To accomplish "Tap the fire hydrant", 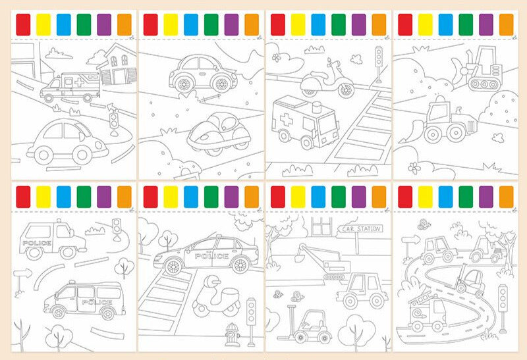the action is tap(232, 334).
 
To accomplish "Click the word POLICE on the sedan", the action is tap(211, 256).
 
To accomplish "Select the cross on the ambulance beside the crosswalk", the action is tap(286, 119).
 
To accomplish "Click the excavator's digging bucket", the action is tap(299, 257).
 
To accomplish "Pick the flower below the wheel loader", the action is tap(414, 168).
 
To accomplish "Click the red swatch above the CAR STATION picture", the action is tap(277, 197).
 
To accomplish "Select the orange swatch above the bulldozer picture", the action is tap(506, 24).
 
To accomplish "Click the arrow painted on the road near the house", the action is tap(111, 107).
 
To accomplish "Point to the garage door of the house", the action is tap(119, 77).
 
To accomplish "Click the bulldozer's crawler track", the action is tap(484, 84).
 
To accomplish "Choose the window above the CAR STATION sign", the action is tap(321, 226).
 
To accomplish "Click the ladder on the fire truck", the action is tap(420, 297).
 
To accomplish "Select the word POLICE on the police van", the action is tap(97, 302).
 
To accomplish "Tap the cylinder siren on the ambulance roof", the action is tap(318, 108).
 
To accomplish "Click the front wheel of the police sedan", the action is tap(173, 267).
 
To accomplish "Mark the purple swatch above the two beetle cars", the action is tap(231, 24).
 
